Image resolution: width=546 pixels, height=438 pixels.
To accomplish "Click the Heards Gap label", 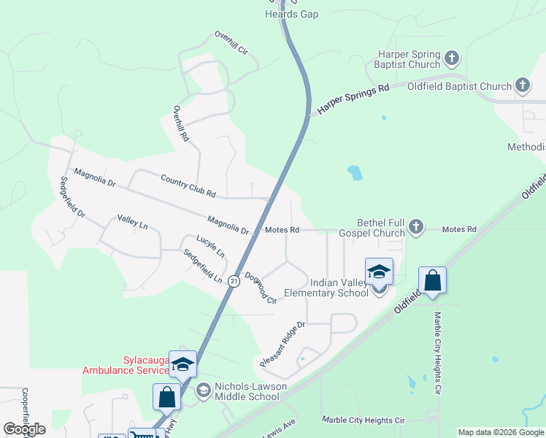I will (292, 14).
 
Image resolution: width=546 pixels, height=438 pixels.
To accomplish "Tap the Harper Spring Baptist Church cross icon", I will (452, 57).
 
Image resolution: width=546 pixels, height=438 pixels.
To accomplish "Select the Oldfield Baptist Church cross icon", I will (523, 86).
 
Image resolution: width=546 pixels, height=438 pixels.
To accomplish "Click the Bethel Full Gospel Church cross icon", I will (416, 226).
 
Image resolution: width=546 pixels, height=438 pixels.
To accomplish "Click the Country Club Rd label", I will (188, 185).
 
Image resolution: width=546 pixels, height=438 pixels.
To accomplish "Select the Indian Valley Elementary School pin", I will (379, 273).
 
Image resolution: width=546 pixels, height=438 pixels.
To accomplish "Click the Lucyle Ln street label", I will (210, 246).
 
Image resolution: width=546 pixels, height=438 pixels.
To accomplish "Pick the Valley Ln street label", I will (132, 222).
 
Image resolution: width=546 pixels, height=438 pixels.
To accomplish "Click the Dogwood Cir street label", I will (261, 288).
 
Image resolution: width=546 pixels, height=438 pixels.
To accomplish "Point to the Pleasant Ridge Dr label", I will (282, 341).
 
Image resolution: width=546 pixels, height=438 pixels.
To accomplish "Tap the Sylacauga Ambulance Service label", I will (126, 365).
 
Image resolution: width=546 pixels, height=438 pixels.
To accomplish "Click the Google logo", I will (24, 429).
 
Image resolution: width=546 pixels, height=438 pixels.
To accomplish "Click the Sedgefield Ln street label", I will (203, 266).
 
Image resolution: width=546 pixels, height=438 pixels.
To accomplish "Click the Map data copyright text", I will (501, 432).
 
